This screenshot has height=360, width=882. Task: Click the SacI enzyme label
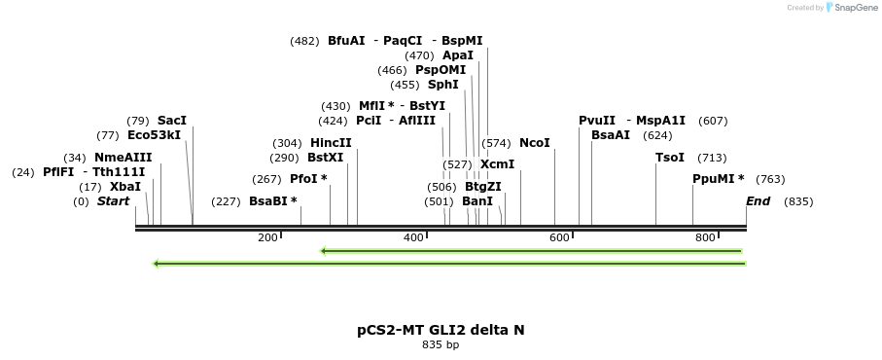click(x=171, y=121)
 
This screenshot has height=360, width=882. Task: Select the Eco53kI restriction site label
click(x=154, y=135)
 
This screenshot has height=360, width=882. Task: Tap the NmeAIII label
click(x=123, y=158)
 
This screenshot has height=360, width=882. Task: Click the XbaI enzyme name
click(x=125, y=187)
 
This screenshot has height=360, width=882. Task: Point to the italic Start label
click(x=113, y=201)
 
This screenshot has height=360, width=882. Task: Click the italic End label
click(x=758, y=201)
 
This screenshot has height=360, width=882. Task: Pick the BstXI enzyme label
click(x=325, y=158)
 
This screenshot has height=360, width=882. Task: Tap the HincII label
click(x=331, y=143)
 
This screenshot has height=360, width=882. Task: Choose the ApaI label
click(x=457, y=55)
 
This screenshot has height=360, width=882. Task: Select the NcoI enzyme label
click(x=535, y=143)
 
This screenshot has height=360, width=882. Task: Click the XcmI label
click(x=497, y=164)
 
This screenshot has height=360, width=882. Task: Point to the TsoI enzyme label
click(x=670, y=158)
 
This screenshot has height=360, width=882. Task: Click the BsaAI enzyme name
click(x=611, y=135)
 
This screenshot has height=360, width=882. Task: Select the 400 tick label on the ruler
click(x=413, y=237)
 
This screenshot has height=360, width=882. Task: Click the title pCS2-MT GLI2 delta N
click(x=441, y=330)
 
